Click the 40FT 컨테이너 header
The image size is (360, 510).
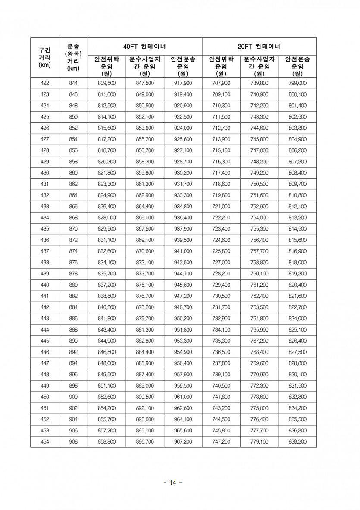coord(145,46)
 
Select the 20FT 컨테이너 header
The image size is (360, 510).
coord(259,46)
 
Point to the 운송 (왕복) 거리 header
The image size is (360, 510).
coord(73,57)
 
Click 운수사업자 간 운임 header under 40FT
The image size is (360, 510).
coord(145,66)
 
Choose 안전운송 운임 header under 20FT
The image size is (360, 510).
coord(297,66)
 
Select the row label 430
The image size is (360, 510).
coord(44,173)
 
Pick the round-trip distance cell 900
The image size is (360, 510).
coord(73,397)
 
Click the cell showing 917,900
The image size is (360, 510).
coord(183,83)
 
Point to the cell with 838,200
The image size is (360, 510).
coord(297,442)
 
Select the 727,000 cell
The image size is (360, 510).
coord(221,263)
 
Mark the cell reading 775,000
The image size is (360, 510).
coord(259,408)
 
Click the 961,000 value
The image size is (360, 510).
coord(183,397)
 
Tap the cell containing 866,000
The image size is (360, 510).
coord(145,218)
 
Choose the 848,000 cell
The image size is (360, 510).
coord(106,363)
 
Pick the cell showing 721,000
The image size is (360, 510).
coord(221,207)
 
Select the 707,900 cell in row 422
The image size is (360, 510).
coord(221,83)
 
